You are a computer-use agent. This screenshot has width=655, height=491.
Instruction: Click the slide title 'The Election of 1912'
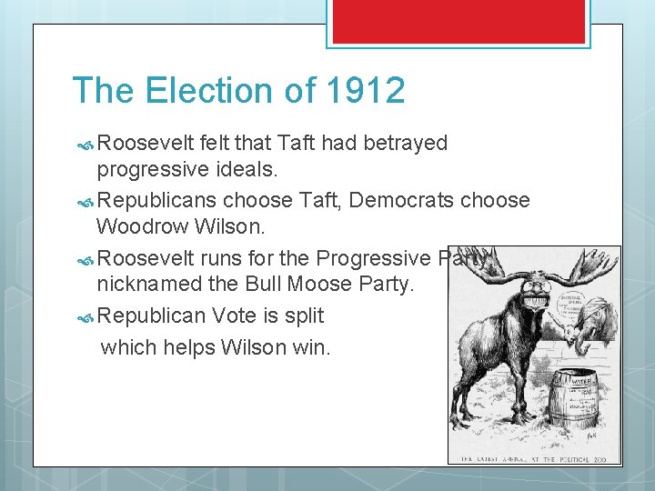tap(238, 91)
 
